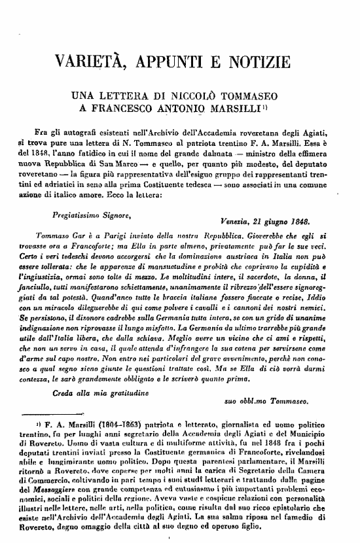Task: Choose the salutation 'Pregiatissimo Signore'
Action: tap(86, 215)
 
